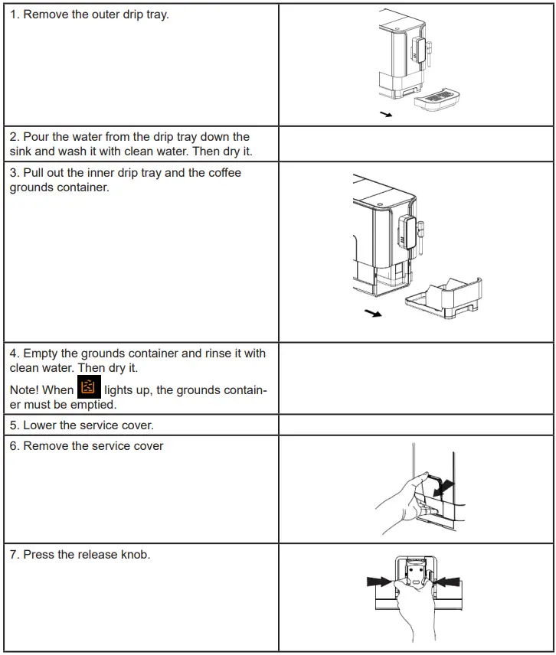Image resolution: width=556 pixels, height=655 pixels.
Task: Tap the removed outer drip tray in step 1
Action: (x=434, y=99)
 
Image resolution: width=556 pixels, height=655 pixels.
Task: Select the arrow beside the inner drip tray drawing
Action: (x=373, y=314)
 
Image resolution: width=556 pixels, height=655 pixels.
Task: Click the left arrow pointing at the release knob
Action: (x=381, y=582)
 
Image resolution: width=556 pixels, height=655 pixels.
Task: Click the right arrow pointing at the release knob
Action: (x=449, y=582)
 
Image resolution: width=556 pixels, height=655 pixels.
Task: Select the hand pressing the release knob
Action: (x=414, y=612)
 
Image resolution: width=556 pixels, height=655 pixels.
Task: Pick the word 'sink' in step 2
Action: (x=22, y=151)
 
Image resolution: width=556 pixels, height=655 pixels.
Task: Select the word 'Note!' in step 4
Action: (x=25, y=389)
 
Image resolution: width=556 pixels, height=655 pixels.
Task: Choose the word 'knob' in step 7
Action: (x=135, y=554)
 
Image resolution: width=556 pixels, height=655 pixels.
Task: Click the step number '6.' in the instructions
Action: (x=15, y=446)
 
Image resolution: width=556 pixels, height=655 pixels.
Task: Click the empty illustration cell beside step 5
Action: (x=415, y=425)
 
